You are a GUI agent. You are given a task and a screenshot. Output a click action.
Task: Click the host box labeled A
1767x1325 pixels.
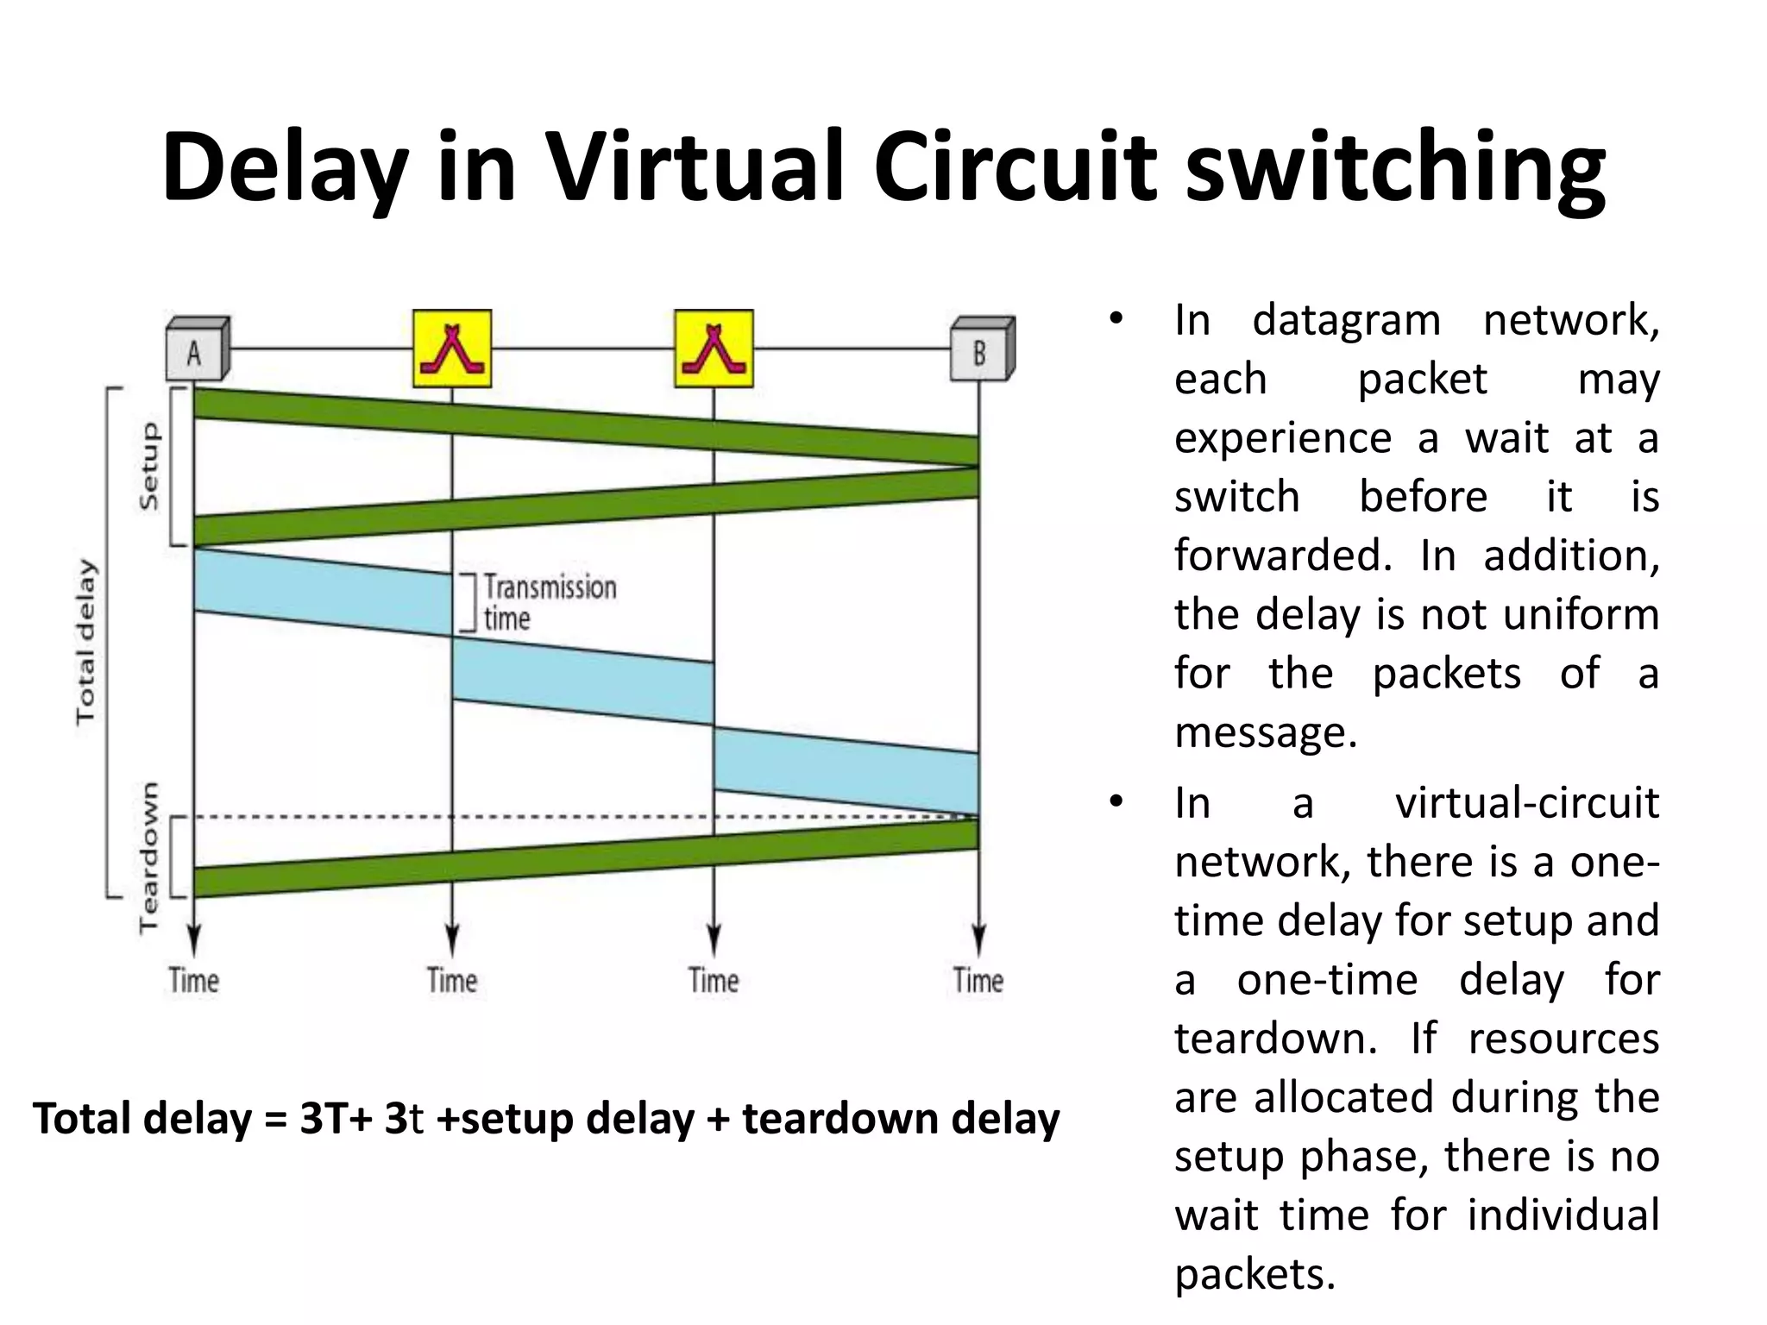197,350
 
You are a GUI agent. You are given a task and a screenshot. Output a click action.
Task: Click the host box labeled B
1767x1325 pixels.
982,350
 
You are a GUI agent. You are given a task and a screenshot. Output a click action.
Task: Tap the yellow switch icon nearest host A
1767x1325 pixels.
452,349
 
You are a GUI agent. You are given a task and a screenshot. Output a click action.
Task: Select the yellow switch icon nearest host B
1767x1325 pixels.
714,349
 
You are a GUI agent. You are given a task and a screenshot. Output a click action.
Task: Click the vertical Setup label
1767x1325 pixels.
150,466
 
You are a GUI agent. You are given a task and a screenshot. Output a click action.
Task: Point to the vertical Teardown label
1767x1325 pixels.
150,857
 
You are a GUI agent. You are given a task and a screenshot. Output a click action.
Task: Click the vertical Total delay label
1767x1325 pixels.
85,642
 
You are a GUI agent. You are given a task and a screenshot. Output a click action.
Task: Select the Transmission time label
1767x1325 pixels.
549,602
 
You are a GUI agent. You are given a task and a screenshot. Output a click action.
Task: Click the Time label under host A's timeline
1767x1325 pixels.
194,981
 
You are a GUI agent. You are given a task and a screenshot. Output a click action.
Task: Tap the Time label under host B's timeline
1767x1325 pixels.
978,981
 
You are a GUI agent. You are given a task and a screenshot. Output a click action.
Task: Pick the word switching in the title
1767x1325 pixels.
1395,168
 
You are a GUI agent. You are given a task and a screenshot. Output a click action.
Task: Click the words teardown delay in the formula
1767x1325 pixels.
901,1119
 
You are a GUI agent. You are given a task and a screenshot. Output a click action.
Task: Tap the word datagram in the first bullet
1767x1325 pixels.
1347,320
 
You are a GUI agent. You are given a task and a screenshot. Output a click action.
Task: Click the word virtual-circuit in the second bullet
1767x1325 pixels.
1526,803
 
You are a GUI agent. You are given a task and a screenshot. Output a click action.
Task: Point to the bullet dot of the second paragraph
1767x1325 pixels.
1116,802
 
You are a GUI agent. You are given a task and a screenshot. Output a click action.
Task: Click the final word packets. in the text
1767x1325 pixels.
1255,1274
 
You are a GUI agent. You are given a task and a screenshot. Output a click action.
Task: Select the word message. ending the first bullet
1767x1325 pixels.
1266,732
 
